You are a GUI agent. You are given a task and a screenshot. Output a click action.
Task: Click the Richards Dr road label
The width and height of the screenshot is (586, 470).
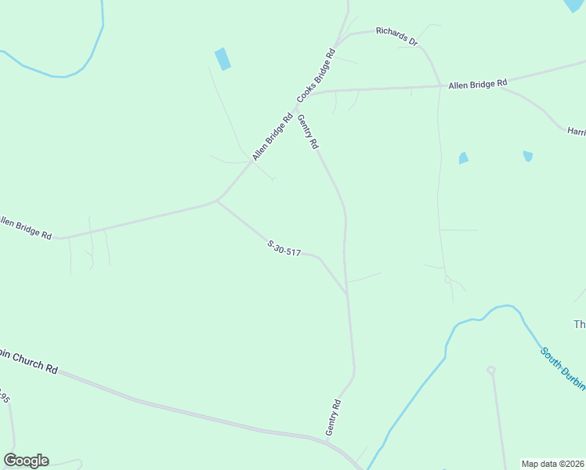(396, 35)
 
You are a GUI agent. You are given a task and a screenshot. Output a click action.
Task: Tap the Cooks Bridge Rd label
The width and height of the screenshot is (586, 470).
(317, 76)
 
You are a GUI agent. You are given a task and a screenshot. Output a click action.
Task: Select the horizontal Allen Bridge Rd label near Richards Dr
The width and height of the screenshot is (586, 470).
(478, 83)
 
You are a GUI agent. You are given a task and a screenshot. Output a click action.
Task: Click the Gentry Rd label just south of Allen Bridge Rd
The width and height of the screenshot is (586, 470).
(308, 132)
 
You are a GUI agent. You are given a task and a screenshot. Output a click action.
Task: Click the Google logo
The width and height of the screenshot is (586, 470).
(26, 461)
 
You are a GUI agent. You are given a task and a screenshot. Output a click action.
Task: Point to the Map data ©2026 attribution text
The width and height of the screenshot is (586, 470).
(553, 464)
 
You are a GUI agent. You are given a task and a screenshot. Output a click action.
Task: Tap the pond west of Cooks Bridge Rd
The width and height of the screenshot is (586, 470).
(223, 59)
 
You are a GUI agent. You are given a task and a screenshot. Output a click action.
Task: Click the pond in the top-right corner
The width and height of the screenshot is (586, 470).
(576, 5)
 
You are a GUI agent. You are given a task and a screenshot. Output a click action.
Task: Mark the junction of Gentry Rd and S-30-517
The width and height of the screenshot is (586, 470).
(347, 295)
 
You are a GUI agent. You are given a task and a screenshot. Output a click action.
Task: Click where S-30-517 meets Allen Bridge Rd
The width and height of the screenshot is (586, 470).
(217, 201)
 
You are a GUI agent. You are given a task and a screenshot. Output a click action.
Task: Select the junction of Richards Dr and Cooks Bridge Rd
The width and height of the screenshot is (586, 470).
(338, 39)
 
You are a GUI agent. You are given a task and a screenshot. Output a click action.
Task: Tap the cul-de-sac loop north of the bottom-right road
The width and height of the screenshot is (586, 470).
(491, 370)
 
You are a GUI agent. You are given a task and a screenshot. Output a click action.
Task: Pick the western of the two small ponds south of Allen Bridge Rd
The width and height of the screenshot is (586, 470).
(464, 158)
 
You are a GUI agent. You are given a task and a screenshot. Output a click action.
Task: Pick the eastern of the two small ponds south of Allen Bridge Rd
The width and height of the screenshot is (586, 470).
(528, 156)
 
